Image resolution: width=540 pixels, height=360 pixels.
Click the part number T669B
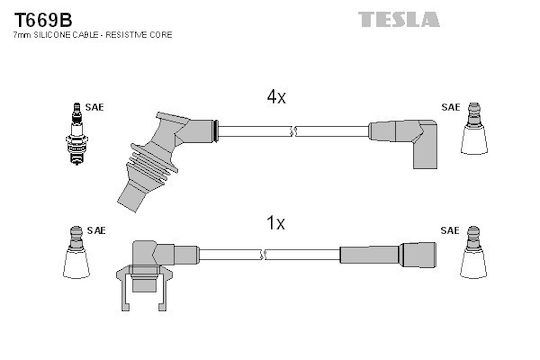pos(43,20)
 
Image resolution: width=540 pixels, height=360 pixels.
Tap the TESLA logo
pos(399,19)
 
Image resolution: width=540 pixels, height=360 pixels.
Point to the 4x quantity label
pos(276,97)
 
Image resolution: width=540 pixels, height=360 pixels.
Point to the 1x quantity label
pos(276,223)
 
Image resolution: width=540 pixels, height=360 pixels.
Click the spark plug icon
pos(77,134)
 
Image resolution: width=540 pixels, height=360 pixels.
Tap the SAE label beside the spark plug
pos(94,107)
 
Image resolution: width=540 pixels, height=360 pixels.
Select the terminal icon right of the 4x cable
pos(474,128)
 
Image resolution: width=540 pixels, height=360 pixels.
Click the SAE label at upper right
pos(450,107)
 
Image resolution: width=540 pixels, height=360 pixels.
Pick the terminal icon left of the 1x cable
pos(76,252)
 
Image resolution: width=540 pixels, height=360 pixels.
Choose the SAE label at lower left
pos(96,230)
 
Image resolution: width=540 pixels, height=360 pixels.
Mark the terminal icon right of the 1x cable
pos(474,252)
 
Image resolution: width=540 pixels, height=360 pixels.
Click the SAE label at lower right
pos(450,230)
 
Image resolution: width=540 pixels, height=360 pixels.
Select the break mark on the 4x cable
pos(293,131)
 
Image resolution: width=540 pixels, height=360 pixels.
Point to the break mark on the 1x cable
pos(263,255)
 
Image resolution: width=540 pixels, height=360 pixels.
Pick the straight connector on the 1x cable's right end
pos(388,255)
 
